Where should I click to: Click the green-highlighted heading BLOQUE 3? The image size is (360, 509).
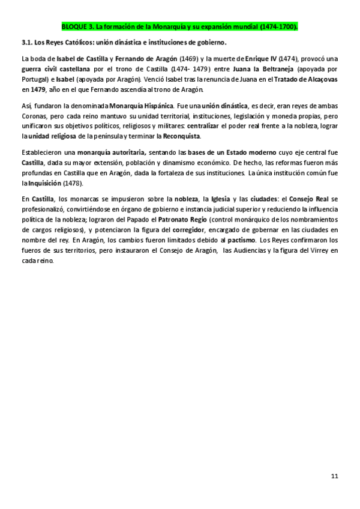(179, 27)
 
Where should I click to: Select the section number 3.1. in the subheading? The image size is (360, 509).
(28, 43)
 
